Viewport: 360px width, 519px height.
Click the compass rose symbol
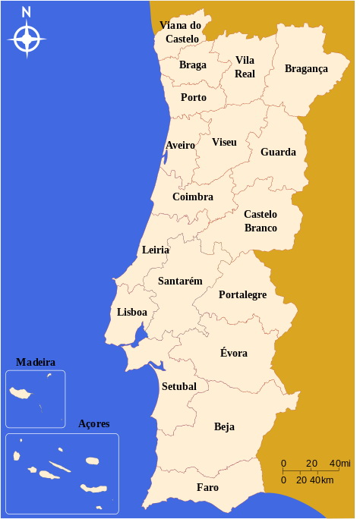(27, 38)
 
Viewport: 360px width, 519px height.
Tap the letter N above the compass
(27, 11)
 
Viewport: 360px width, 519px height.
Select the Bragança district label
(306, 69)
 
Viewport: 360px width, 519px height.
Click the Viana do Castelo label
(181, 32)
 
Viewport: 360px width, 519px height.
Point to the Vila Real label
(245, 67)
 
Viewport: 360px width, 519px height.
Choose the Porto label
(194, 97)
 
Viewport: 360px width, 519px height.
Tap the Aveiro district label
(180, 145)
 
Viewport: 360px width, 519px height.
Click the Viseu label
(224, 143)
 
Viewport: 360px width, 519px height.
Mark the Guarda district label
(278, 152)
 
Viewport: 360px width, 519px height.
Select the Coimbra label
(192, 197)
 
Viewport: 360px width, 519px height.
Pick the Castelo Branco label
(261, 221)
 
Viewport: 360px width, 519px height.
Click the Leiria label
(156, 250)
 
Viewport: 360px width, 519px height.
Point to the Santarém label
(180, 281)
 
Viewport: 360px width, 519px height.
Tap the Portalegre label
(242, 294)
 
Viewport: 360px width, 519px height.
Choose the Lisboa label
(132, 312)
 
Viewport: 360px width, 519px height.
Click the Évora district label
(233, 353)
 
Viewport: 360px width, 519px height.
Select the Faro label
(207, 487)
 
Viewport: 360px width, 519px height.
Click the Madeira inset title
(36, 363)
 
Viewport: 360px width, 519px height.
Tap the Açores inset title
(94, 423)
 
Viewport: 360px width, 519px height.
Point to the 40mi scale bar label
(340, 464)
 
